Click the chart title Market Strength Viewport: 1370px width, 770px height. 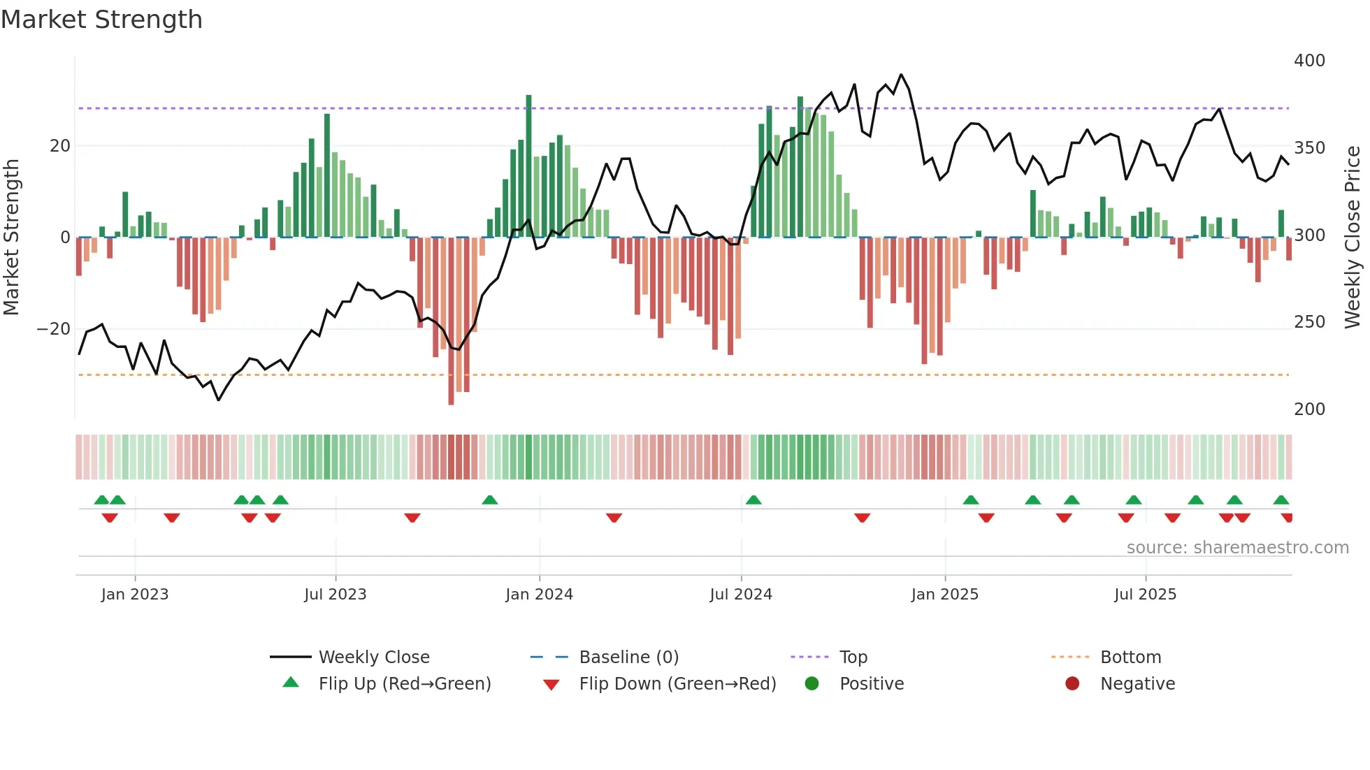click(x=101, y=20)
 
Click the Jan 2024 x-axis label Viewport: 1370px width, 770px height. click(x=539, y=595)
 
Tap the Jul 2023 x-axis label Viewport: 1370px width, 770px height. click(x=335, y=595)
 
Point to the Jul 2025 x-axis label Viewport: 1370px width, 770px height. click(x=1145, y=595)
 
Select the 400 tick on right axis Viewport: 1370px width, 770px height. click(x=1308, y=61)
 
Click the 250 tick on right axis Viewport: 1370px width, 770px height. click(x=1308, y=322)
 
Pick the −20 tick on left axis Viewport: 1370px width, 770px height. click(x=53, y=329)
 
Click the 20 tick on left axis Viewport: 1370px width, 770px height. click(x=60, y=146)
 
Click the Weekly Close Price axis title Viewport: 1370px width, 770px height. click(x=1353, y=238)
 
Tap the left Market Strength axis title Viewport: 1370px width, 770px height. click(x=12, y=238)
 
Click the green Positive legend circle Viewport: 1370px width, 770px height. click(x=812, y=684)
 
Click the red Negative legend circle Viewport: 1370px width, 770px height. click(x=1072, y=684)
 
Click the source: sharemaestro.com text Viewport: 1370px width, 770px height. click(x=1237, y=548)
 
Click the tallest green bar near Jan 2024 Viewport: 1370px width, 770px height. click(x=528, y=166)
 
